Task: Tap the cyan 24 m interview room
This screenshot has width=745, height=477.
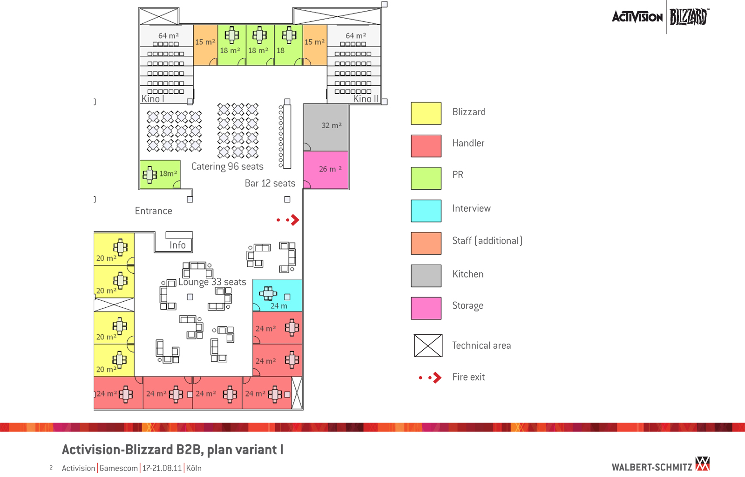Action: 278,296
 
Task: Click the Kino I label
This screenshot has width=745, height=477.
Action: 153,99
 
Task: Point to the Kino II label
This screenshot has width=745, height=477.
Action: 366,99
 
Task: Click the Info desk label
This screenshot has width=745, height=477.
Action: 177,245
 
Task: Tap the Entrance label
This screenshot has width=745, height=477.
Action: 154,211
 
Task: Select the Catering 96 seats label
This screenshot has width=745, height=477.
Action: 227,166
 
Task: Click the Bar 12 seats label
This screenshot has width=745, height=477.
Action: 270,184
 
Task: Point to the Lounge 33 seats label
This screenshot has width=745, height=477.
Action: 212,282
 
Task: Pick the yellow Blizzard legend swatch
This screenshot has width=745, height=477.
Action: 426,113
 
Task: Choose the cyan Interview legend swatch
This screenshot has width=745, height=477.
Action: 426,211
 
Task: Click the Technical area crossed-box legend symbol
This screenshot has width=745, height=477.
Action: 428,346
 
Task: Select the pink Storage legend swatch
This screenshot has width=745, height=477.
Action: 426,308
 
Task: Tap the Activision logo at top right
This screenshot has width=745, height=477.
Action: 637,17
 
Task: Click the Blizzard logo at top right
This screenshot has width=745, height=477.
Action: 689,17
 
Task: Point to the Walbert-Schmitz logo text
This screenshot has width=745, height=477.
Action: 652,467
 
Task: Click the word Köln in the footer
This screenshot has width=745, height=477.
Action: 194,468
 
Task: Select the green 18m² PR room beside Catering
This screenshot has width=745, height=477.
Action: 160,174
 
